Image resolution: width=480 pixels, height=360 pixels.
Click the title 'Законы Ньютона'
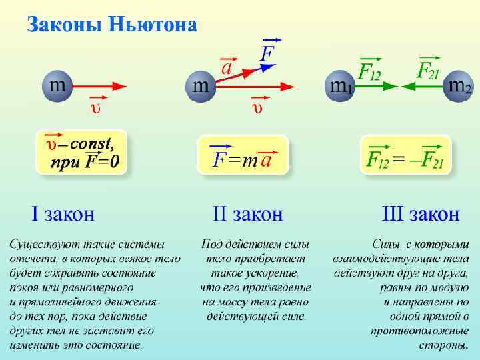[112, 25]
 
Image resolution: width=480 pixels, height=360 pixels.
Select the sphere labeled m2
[459, 86]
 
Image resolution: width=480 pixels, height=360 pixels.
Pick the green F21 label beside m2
[427, 71]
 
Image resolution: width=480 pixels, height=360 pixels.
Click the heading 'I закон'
[63, 215]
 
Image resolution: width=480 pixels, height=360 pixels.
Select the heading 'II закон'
[247, 215]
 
